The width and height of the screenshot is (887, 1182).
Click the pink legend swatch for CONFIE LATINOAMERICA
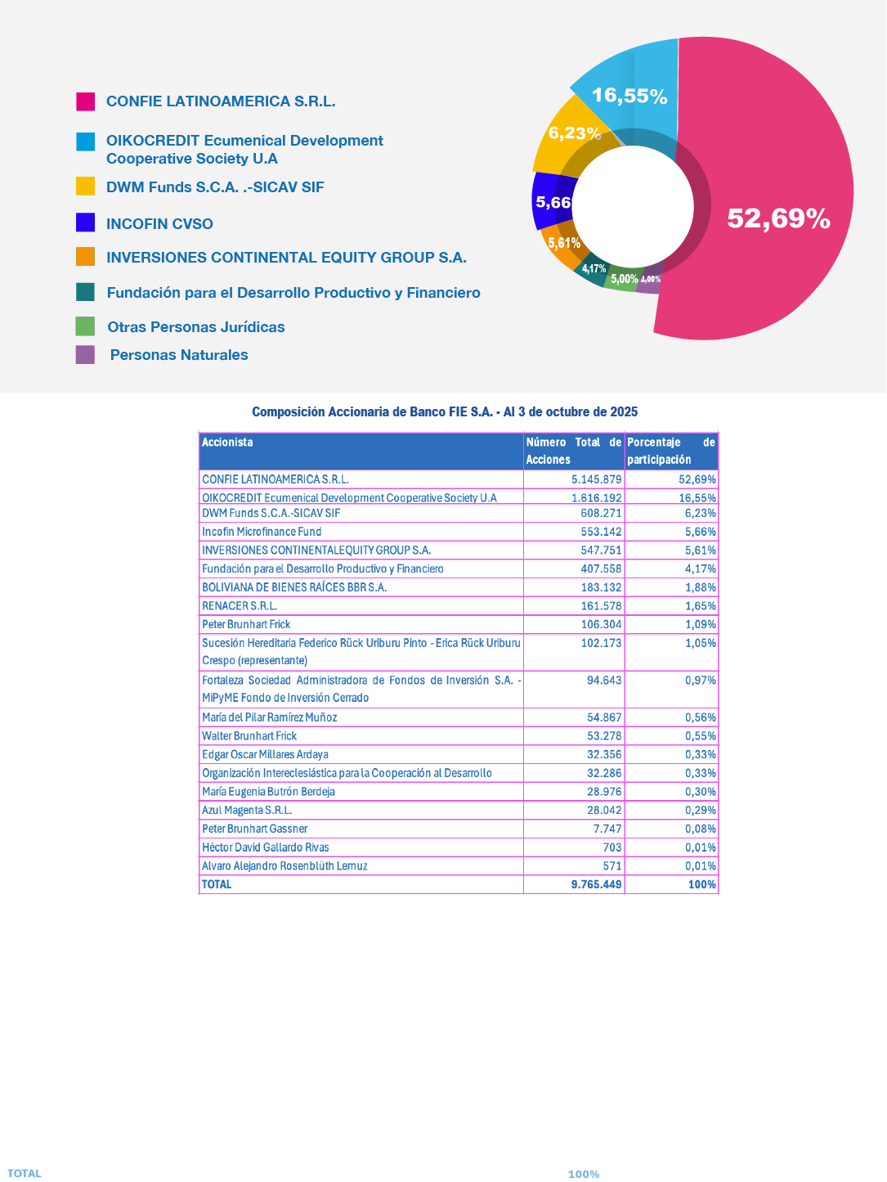point(86,101)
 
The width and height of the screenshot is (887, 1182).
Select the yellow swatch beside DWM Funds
point(86,187)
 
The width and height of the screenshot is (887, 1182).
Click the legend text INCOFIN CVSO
point(159,224)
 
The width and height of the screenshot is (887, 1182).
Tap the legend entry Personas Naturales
point(179,355)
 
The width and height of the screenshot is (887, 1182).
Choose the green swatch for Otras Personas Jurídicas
point(85,326)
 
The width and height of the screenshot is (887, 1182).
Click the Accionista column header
point(227,443)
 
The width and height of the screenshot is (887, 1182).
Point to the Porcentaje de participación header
point(671,451)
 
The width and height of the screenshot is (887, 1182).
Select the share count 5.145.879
point(597,479)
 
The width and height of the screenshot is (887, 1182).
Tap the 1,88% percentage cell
point(701,587)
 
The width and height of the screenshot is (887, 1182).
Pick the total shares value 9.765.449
point(597,884)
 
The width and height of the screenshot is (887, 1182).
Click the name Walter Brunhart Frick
point(249,736)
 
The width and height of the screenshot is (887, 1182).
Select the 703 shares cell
point(612,847)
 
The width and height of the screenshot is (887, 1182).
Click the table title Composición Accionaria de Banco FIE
point(445,412)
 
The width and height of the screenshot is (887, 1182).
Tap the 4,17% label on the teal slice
point(594,268)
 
